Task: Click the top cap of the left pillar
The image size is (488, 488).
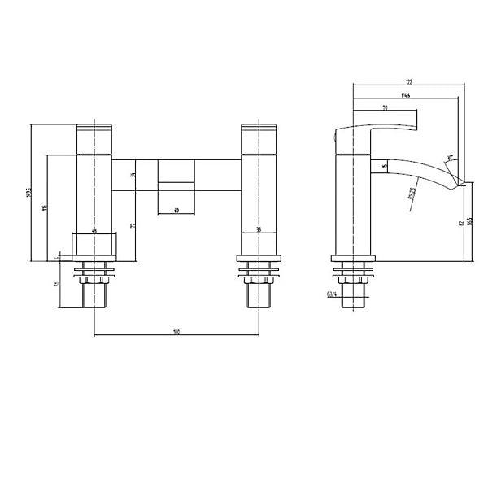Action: click(95, 129)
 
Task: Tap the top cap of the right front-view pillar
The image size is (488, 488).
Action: click(259, 129)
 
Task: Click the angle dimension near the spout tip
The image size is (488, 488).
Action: click(449, 159)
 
